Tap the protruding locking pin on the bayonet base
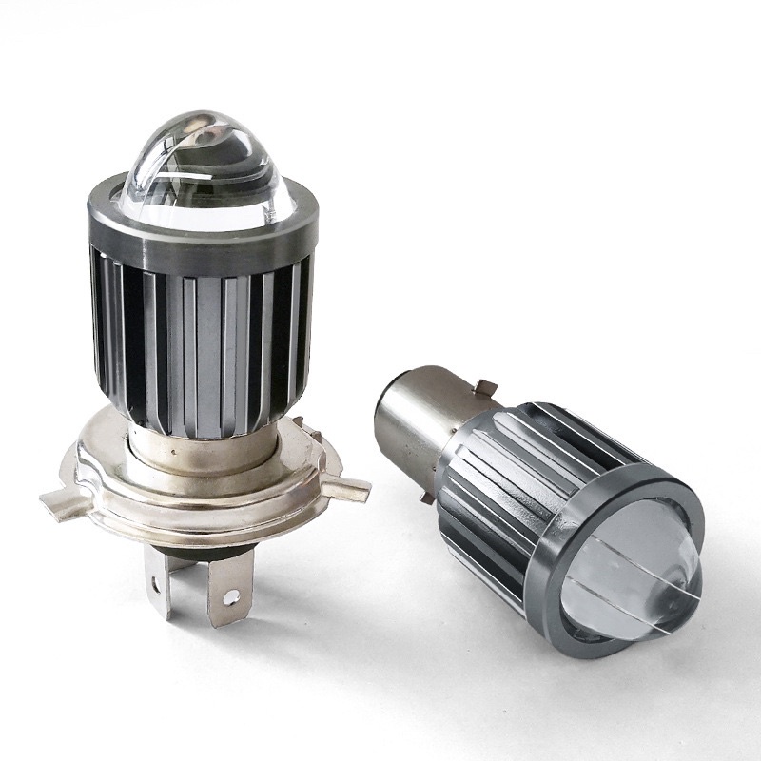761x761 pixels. pos(487,388)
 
